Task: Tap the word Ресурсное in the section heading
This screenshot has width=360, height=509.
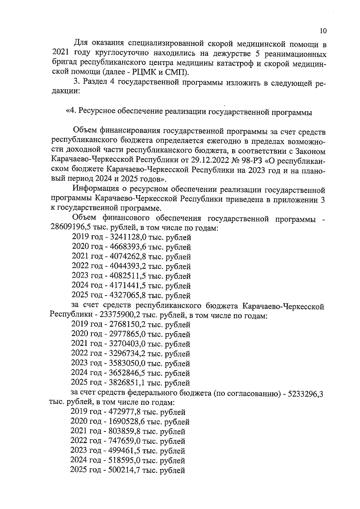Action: tap(97, 112)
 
